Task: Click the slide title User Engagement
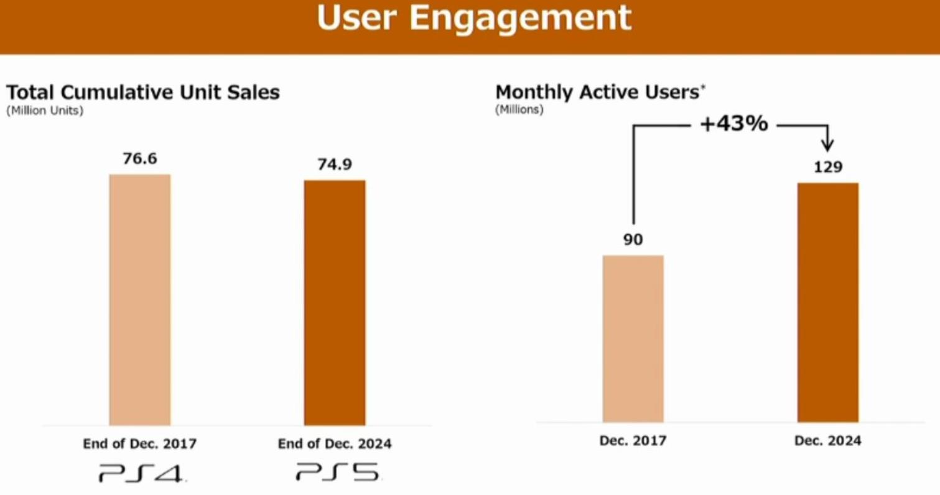pos(474,19)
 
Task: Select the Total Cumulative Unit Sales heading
pos(143,93)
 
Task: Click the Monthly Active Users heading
pos(599,93)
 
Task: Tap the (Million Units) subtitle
pos(45,111)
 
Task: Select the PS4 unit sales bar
pos(140,299)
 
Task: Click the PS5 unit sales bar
pos(335,302)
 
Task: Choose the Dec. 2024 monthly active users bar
pos(827,302)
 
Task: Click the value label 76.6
pos(140,159)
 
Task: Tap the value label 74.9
pos(335,165)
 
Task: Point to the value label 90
pos(633,240)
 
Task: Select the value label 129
pos(827,167)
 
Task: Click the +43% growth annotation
pos(734,125)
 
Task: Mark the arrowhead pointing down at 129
pos(827,146)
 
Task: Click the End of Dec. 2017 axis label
pos(140,444)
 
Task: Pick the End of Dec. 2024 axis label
pos(335,444)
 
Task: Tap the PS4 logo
pos(141,473)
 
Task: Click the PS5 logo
pos(337,472)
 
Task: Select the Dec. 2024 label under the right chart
pos(827,441)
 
